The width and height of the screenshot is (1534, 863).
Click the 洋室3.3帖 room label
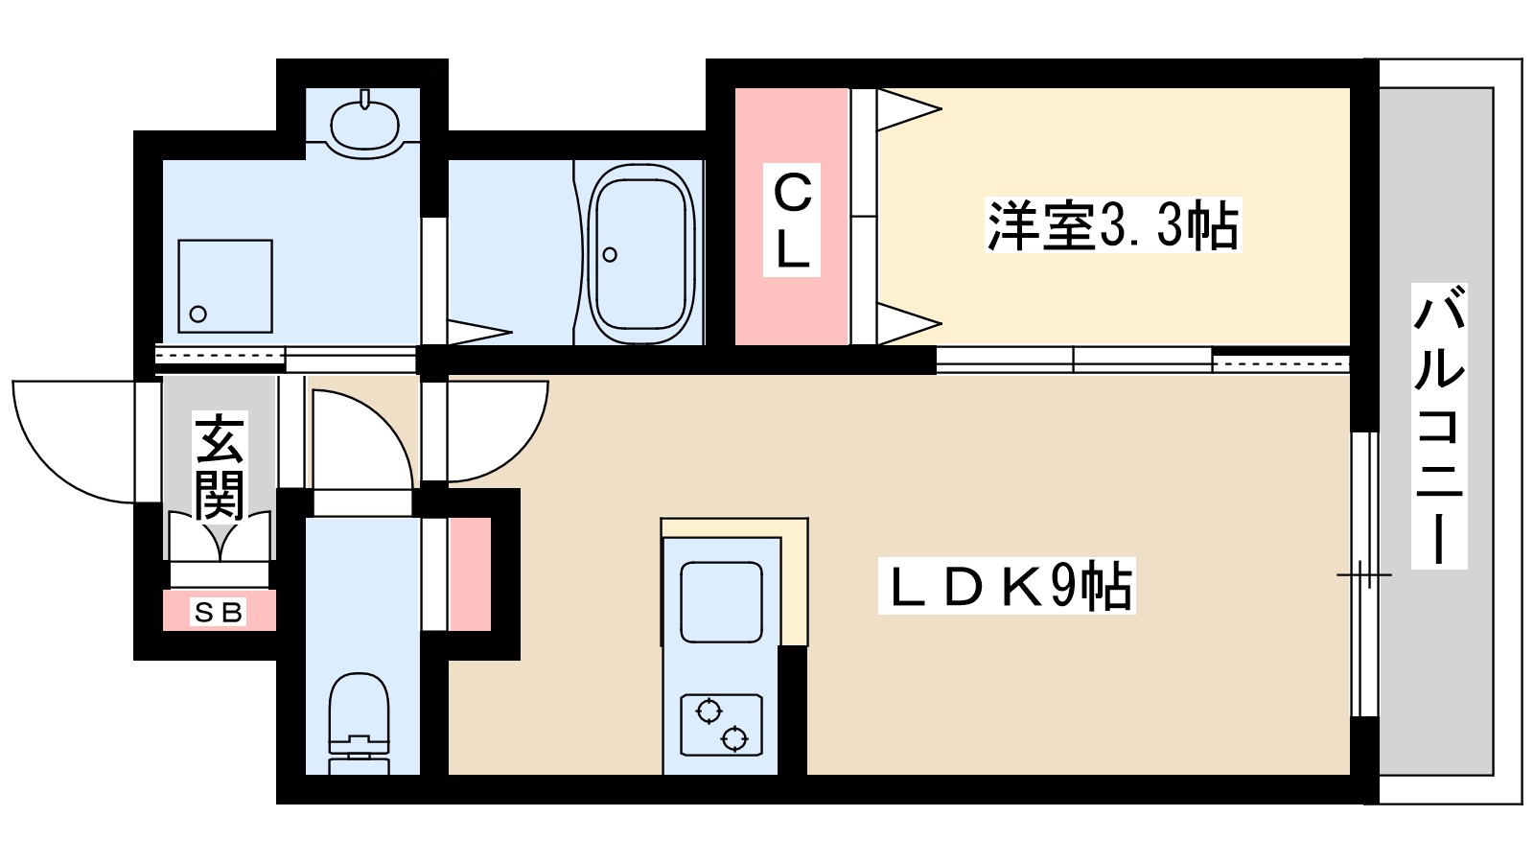(x=1112, y=226)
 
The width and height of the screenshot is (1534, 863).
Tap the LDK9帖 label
(x=1007, y=587)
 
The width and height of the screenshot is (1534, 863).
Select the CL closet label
(x=792, y=221)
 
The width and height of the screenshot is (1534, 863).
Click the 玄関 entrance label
(x=220, y=466)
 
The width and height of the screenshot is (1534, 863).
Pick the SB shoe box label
(x=219, y=612)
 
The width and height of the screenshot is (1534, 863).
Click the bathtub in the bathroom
(x=641, y=254)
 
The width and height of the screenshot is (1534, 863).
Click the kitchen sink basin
(x=721, y=602)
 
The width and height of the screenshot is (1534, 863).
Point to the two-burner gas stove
(x=721, y=725)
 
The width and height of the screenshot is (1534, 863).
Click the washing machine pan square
(x=225, y=286)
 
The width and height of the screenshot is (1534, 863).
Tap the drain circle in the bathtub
(x=610, y=255)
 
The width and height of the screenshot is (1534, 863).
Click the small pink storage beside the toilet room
(x=470, y=574)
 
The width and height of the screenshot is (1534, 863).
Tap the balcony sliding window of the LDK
(x=1363, y=575)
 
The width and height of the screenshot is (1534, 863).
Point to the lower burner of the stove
(x=734, y=738)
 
